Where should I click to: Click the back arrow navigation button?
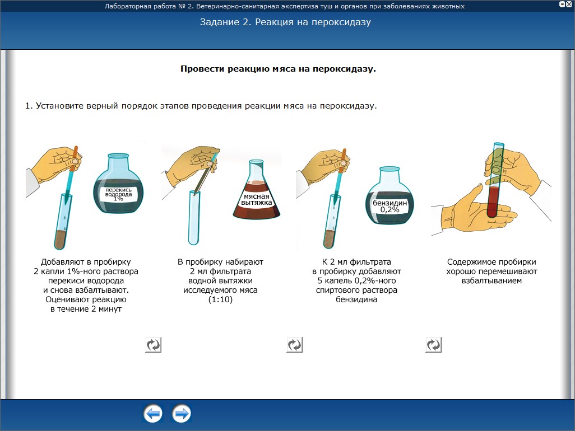(x=152, y=414)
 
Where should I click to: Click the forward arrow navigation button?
(x=181, y=414)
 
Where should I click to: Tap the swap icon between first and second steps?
(x=154, y=345)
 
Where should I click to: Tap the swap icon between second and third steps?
(x=294, y=345)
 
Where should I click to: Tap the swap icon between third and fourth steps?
(x=433, y=345)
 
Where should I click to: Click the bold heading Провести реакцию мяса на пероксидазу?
(x=278, y=69)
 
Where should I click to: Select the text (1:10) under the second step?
(x=220, y=299)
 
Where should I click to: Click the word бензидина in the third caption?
(x=356, y=299)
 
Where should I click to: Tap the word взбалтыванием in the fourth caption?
(x=491, y=281)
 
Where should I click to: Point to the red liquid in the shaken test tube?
(x=493, y=202)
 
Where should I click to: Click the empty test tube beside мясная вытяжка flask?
(x=193, y=218)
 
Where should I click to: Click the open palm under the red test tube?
(x=473, y=212)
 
